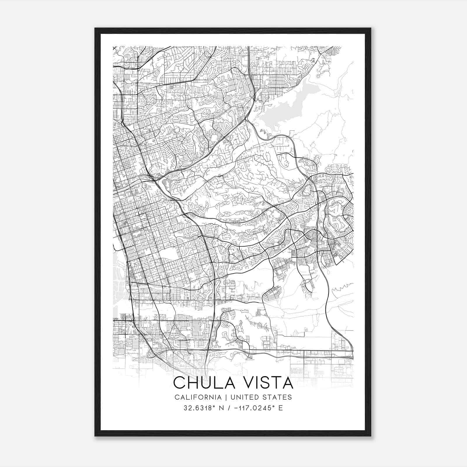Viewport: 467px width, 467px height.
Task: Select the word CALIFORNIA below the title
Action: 198,397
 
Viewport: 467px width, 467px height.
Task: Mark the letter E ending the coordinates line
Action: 280,408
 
